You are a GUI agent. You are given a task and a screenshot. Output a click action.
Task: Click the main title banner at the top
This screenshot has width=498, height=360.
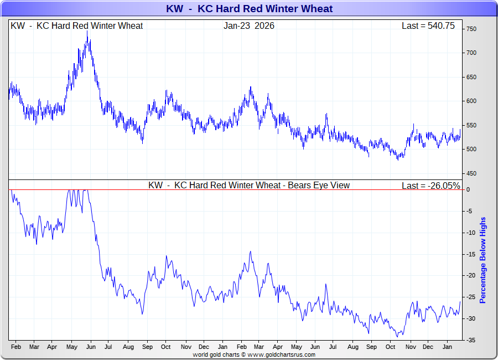[249, 9]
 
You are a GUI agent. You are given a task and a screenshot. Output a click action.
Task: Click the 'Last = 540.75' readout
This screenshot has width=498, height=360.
[428, 26]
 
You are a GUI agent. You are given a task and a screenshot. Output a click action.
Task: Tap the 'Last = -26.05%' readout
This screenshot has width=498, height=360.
[431, 186]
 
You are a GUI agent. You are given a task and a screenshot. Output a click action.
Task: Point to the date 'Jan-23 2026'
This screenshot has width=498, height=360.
[249, 26]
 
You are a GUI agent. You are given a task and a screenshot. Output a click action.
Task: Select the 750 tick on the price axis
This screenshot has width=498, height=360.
[471, 29]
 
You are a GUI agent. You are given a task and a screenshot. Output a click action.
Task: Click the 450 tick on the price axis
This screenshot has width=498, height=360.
[471, 173]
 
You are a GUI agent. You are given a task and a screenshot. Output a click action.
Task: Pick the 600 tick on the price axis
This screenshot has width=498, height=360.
[471, 101]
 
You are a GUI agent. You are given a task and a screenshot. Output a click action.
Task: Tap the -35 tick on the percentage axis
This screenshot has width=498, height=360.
[470, 340]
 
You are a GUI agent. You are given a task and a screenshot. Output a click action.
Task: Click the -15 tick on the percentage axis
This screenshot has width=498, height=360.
[470, 254]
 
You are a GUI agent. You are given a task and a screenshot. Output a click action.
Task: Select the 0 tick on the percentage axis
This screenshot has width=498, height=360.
[468, 189]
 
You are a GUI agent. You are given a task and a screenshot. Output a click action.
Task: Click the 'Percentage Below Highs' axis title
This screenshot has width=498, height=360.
[483, 260]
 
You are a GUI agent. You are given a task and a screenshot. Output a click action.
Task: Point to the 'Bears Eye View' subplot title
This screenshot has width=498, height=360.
[249, 186]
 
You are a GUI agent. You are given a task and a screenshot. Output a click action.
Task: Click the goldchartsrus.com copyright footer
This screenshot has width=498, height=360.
[254, 354]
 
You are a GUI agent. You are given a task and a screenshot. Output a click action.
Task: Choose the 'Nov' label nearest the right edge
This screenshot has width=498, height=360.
[410, 347]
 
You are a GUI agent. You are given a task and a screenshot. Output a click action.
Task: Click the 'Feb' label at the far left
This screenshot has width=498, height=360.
[15, 347]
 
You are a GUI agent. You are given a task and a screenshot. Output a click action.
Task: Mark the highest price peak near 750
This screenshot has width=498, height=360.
[87, 32]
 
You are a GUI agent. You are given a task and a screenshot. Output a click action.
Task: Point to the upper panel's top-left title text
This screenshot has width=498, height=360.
[77, 26]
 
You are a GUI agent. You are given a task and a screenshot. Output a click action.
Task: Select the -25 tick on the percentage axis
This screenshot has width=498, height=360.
[470, 297]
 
